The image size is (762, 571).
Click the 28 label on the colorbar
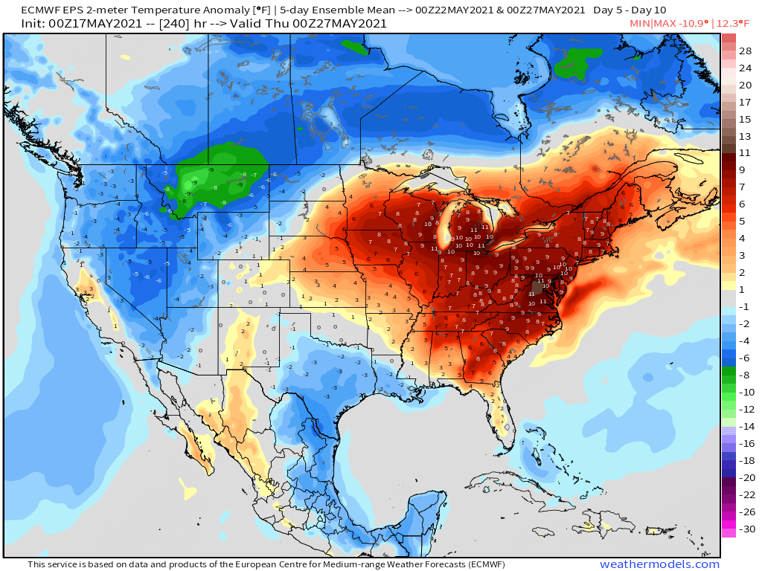pos(745,51)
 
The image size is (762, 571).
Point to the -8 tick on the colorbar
pos(745,375)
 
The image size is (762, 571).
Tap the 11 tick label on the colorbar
pos(745,152)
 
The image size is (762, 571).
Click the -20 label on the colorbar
pos(745,477)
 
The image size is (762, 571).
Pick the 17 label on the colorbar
pos(745,102)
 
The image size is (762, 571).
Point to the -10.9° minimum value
pos(693,23)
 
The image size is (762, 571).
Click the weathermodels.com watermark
pos(659,564)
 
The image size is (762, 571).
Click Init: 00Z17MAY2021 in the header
pos(76,23)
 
